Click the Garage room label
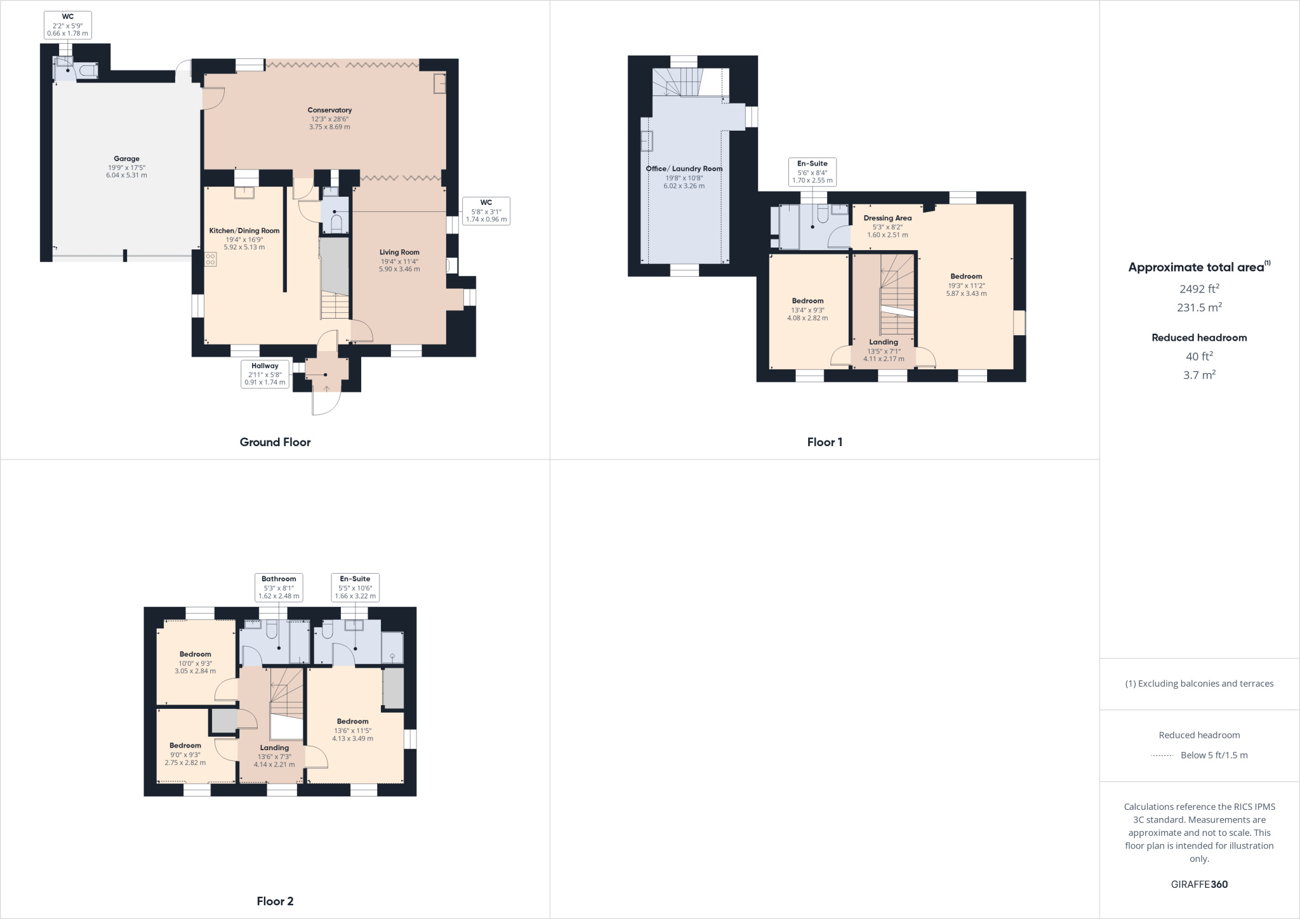tap(126, 159)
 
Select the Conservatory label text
tap(329, 110)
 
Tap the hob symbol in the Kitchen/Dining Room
tap(210, 259)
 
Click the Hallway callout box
tap(265, 374)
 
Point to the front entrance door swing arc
tap(328, 404)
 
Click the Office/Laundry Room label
tap(684, 169)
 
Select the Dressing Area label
tap(887, 218)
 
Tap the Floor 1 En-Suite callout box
tap(812, 171)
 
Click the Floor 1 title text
tap(824, 442)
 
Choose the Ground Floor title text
tap(275, 442)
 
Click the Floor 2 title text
tap(275, 901)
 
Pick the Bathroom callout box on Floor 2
tap(279, 587)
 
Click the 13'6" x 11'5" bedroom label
tap(352, 722)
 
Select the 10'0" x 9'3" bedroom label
tap(195, 654)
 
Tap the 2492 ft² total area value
tap(1198, 289)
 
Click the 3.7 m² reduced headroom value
tap(1198, 375)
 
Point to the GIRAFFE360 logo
tap(1198, 885)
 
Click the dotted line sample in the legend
tap(1162, 755)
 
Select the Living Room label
tap(399, 253)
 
